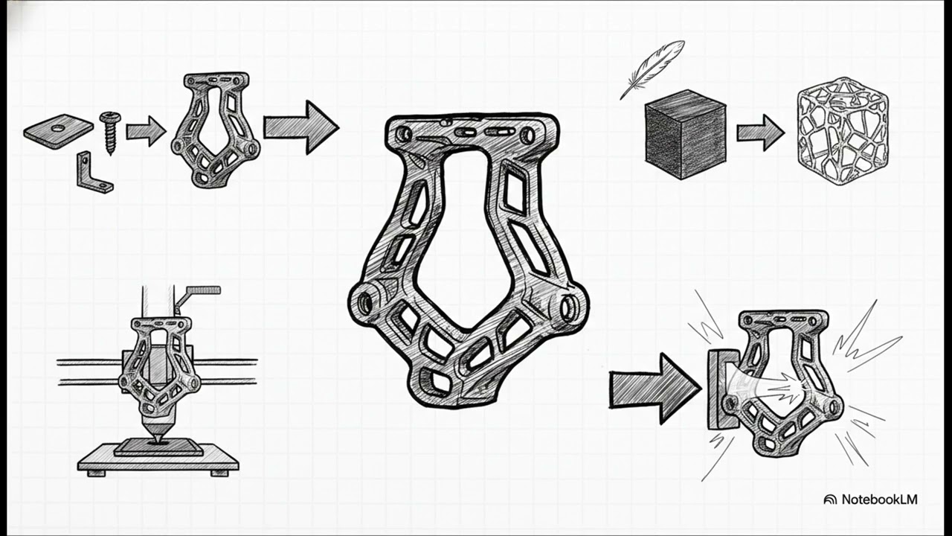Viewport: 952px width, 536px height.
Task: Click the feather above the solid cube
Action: click(652, 69)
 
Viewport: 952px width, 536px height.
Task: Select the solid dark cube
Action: click(685, 135)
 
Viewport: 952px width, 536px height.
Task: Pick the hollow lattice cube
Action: click(843, 131)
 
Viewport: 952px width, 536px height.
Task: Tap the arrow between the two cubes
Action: click(761, 133)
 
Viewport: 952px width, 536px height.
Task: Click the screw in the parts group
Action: click(111, 133)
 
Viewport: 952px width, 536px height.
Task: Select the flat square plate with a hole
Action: click(59, 130)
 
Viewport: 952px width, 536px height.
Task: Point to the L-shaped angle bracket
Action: click(94, 173)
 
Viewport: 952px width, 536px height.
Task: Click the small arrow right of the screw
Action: click(146, 132)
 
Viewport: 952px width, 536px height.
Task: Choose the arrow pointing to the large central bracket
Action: click(301, 127)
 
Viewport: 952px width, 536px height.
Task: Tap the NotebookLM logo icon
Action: click(830, 500)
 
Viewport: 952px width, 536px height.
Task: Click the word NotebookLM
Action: click(880, 500)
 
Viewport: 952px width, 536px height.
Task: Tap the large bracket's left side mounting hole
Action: click(364, 302)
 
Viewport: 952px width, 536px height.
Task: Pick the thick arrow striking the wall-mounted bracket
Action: click(654, 389)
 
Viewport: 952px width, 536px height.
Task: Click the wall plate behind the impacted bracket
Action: click(722, 389)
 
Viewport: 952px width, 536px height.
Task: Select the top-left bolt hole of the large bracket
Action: click(402, 135)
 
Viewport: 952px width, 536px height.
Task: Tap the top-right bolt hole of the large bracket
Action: click(528, 135)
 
